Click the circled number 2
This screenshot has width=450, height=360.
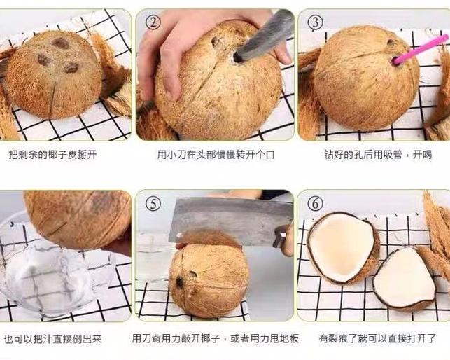(x=153, y=22)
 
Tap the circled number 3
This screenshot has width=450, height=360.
(x=316, y=22)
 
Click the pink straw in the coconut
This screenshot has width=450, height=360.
(x=419, y=50)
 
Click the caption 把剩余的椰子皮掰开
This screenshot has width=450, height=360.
(x=52, y=154)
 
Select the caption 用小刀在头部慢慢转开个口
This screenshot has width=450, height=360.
(x=214, y=154)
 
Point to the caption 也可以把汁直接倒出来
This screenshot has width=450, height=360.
(x=52, y=339)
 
